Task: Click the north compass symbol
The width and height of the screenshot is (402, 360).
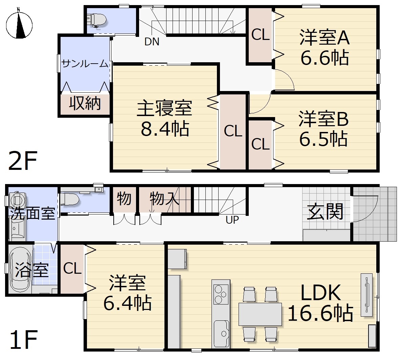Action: click(19, 25)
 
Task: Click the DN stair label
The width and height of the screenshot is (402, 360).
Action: click(152, 42)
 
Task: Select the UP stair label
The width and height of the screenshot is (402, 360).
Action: click(232, 220)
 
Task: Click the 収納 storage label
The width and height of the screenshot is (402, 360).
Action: click(85, 103)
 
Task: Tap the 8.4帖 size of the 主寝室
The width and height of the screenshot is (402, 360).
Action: click(165, 129)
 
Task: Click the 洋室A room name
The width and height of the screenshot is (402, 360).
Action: click(325, 38)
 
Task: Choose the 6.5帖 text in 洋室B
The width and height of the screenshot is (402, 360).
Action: click(323, 139)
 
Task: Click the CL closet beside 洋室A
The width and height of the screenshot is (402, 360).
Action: click(260, 35)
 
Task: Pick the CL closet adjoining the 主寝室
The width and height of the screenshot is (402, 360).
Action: click(233, 131)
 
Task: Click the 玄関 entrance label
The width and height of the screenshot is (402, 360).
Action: click(325, 212)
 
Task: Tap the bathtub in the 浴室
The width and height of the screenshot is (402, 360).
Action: click(20, 269)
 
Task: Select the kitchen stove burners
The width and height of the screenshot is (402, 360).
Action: click(221, 294)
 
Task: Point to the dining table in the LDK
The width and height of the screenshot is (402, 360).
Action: click(260, 314)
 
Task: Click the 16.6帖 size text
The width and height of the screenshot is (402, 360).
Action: click(320, 313)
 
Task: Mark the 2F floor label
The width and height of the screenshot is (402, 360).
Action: click(23, 161)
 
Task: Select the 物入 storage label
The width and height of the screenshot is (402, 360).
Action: click(164, 198)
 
